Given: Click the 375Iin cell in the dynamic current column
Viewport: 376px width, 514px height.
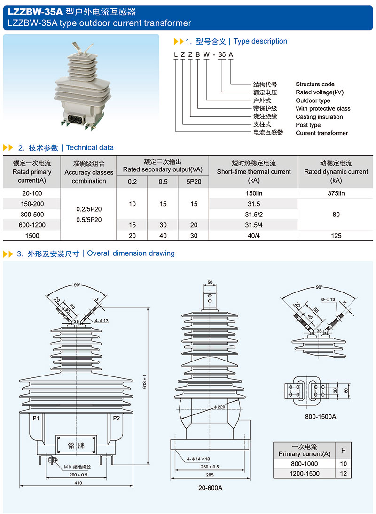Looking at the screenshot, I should (336, 193).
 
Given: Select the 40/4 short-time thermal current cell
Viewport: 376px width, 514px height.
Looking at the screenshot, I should (254, 236).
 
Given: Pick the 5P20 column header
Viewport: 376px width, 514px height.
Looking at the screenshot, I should (194, 182).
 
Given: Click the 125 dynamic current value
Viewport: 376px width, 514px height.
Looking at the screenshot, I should (336, 236).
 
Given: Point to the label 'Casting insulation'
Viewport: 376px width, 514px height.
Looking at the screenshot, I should (319, 117).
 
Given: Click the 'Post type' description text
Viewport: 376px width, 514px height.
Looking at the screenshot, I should (308, 125).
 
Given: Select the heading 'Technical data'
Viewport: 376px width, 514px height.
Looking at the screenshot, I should (90, 147).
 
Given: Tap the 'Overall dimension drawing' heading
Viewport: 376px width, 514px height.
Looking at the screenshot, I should (131, 253).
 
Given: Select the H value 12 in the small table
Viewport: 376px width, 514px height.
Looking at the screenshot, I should (344, 474).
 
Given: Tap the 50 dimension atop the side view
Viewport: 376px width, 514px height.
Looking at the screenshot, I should (210, 282).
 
